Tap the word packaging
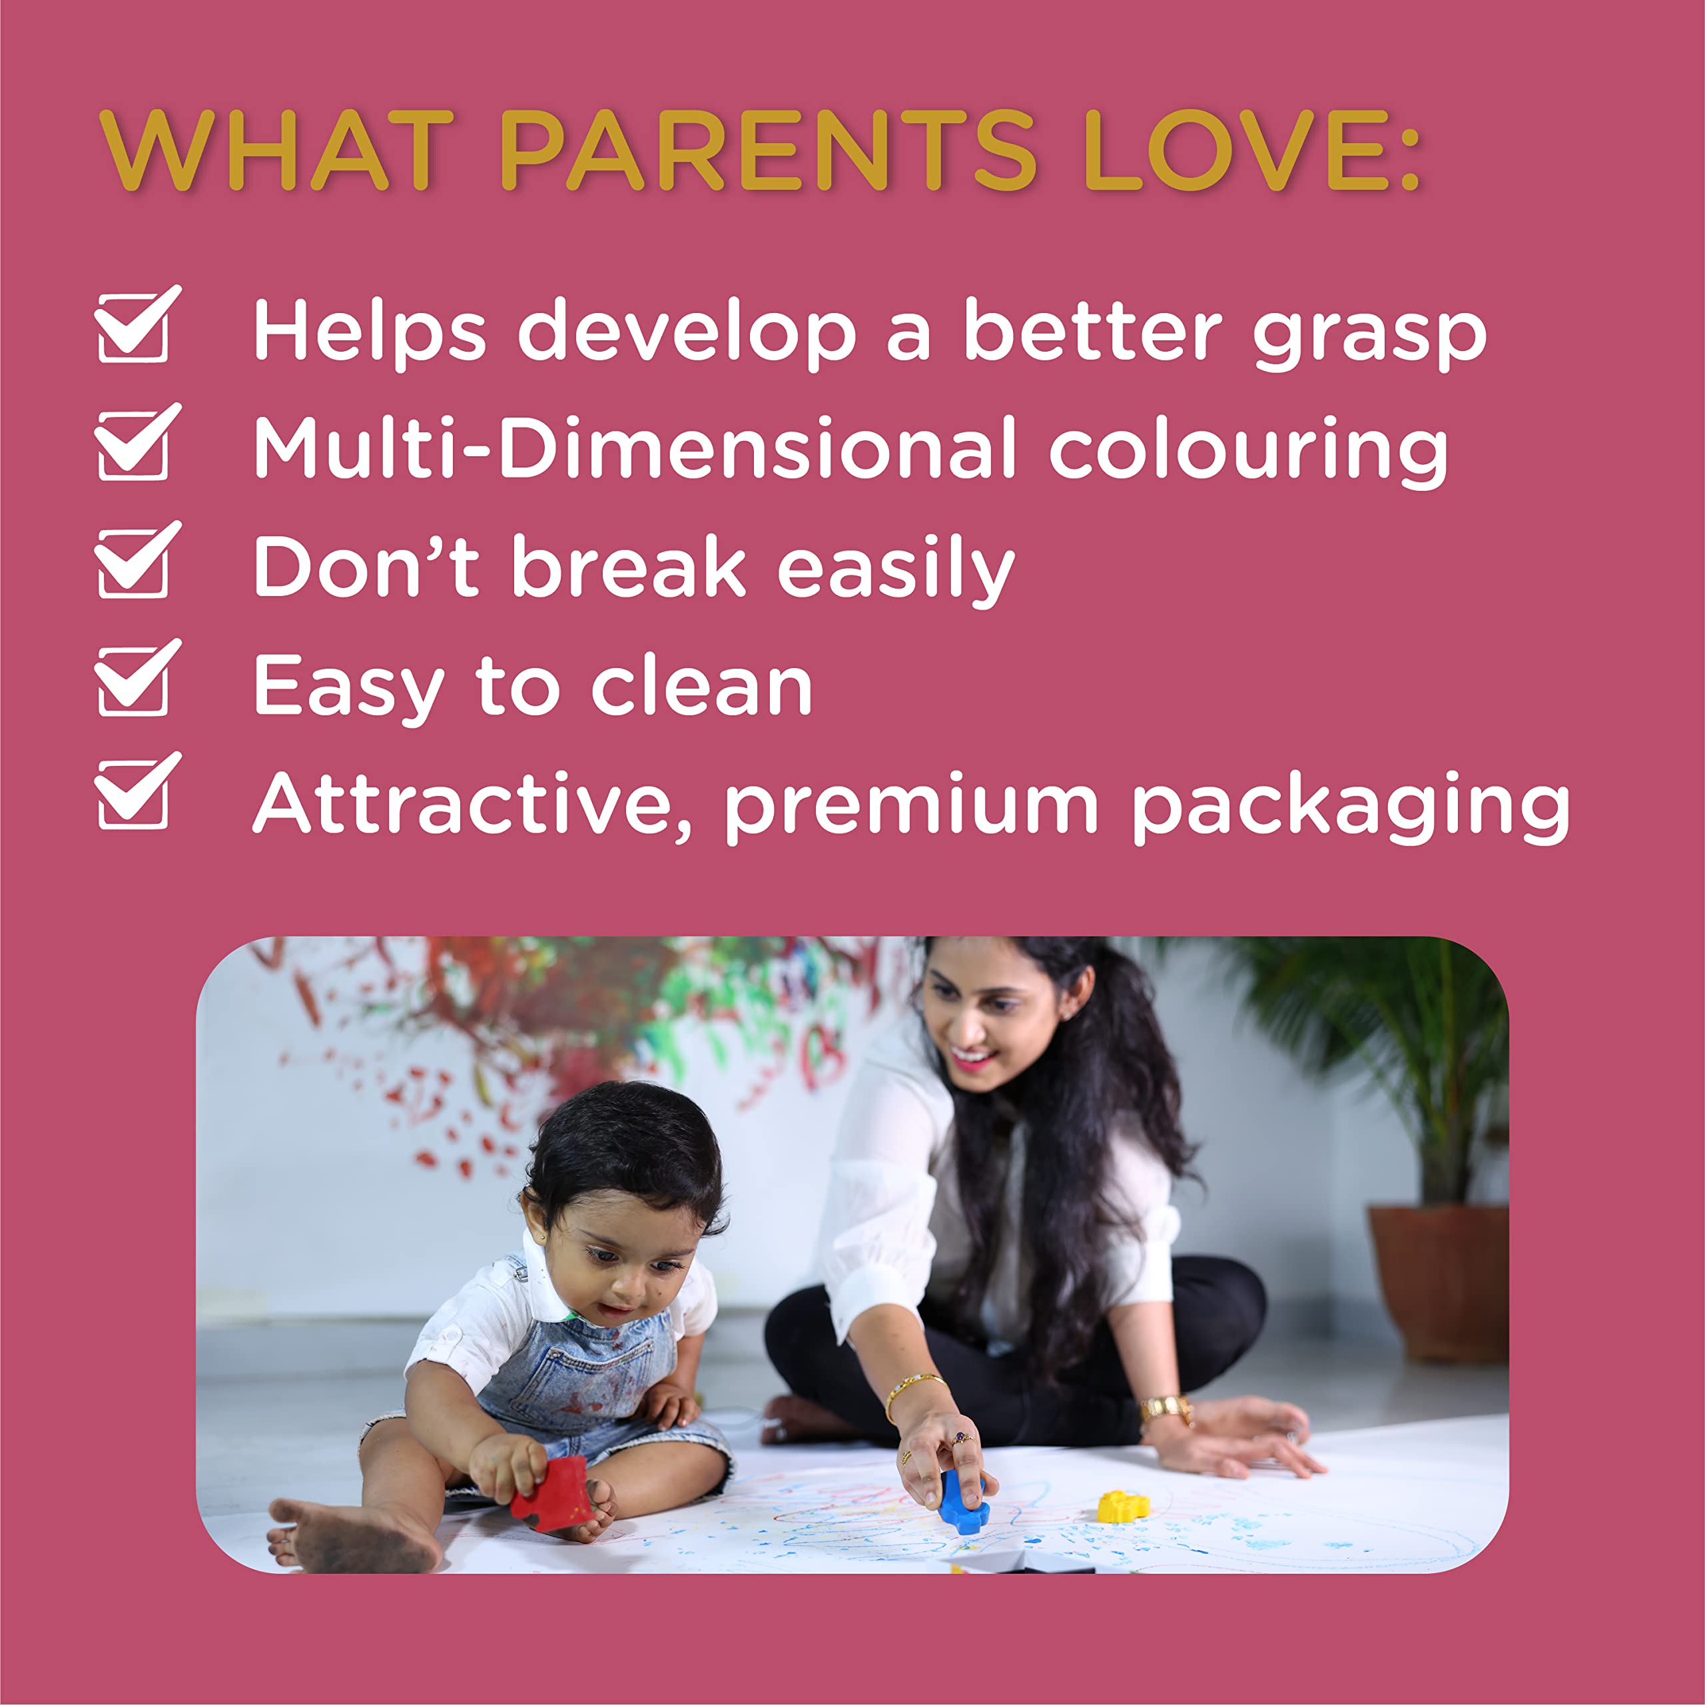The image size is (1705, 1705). click(1351, 809)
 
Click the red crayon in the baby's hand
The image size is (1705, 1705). click(551, 1493)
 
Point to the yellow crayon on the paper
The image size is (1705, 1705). click(1122, 1506)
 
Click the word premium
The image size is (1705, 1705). click(910, 809)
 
